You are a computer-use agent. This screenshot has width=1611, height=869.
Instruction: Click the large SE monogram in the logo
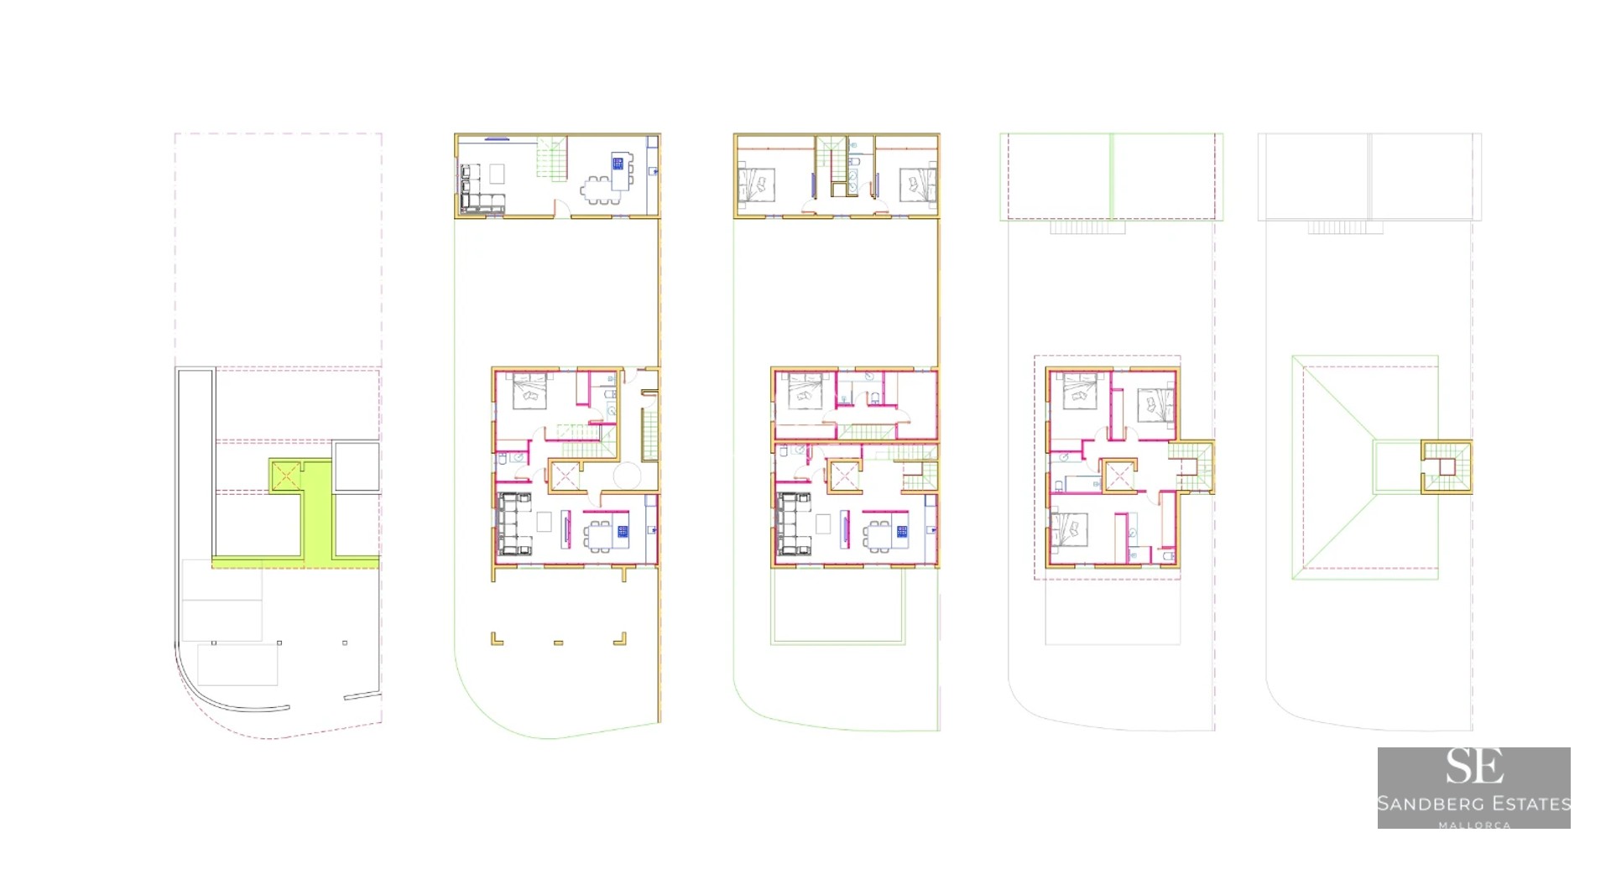coord(1473,766)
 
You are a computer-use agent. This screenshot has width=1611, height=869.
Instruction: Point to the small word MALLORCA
coord(1474,825)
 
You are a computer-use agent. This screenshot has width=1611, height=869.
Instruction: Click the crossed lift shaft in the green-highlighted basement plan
coord(285,476)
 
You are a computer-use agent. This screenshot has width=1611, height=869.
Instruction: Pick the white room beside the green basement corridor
coord(357,466)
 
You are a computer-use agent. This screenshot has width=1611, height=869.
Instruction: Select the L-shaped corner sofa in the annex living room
coord(481,189)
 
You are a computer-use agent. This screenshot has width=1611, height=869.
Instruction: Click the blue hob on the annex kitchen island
coord(618,163)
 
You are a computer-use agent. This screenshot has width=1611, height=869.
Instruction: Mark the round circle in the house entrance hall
coord(627,475)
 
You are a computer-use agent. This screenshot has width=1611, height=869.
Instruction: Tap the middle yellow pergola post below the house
coord(558,643)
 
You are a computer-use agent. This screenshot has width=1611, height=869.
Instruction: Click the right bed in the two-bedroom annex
coord(918,185)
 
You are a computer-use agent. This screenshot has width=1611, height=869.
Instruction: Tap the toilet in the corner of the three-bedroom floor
coord(1169,555)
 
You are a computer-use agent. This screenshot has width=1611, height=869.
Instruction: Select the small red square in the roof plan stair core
coord(1447,466)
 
